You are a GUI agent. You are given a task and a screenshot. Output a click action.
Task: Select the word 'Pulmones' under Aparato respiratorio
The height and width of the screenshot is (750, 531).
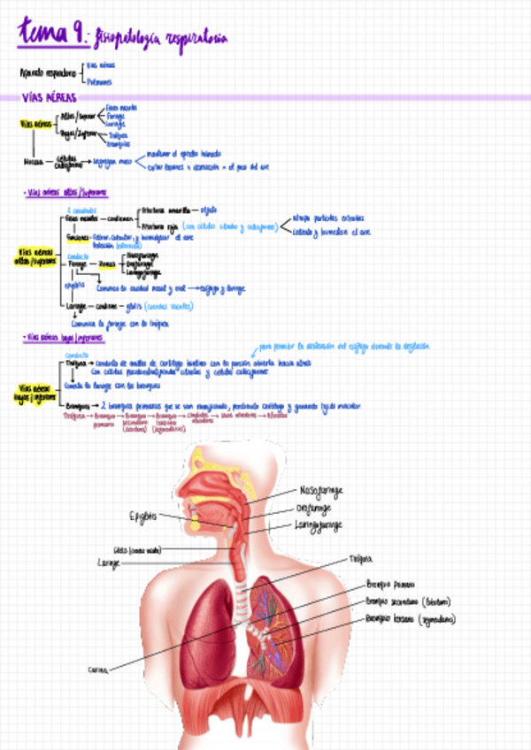[x=99, y=81]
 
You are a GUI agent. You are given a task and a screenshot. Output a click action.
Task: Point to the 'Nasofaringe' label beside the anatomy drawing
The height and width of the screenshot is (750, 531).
[x=321, y=490]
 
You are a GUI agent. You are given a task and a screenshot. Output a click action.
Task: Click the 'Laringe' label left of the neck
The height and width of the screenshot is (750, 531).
[x=109, y=562]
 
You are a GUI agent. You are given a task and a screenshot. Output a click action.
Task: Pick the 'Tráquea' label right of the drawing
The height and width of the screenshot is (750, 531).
[x=361, y=559]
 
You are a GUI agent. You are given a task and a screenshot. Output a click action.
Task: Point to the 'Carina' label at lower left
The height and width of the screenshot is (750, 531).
[x=98, y=670]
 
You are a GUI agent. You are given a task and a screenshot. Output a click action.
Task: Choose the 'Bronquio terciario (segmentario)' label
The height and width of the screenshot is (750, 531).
[x=410, y=619]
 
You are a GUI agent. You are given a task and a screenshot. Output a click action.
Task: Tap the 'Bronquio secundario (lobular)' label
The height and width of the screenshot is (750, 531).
[x=408, y=601]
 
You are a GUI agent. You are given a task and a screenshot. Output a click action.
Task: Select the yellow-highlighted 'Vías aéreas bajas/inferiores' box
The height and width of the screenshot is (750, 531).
[x=34, y=390]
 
